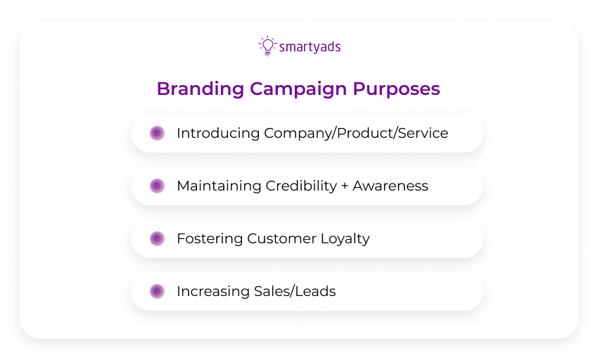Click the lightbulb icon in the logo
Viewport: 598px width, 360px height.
(267, 46)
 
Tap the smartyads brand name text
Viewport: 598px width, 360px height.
(310, 47)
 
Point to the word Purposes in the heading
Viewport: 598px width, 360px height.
(396, 89)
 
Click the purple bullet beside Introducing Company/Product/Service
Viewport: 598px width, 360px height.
(157, 133)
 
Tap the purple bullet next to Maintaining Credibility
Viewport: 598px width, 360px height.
(157, 186)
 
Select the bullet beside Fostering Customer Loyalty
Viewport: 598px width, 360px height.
(157, 238)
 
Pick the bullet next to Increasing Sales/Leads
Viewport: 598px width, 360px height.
(157, 291)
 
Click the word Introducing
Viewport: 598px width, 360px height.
(217, 133)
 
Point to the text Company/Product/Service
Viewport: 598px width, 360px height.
(356, 133)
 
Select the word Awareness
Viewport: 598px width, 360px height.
(390, 186)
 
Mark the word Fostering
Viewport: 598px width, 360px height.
(210, 238)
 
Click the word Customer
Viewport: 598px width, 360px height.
(280, 238)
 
